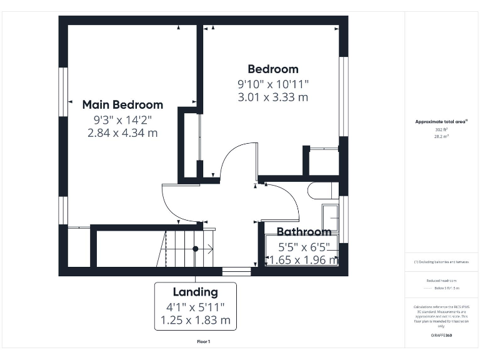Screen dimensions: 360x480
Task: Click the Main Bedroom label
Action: click(x=122, y=105)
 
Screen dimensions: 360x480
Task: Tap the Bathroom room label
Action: click(x=304, y=232)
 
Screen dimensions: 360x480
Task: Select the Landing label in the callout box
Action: click(x=196, y=292)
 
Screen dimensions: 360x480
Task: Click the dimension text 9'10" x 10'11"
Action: click(x=273, y=84)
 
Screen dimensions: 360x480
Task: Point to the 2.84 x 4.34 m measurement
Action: click(x=122, y=132)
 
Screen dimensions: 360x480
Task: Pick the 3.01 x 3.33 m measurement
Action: click(x=273, y=97)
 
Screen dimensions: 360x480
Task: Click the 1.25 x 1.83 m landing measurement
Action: click(x=196, y=321)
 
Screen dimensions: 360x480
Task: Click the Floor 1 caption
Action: click(x=204, y=342)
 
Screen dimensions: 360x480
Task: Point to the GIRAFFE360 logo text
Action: click(x=441, y=336)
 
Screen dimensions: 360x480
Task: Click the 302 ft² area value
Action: click(x=441, y=129)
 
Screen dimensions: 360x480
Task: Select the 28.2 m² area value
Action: click(x=441, y=136)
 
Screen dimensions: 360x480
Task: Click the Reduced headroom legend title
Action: click(x=441, y=281)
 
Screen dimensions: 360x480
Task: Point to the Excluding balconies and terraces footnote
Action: click(x=441, y=262)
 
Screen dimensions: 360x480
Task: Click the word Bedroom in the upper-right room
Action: click(x=273, y=69)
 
